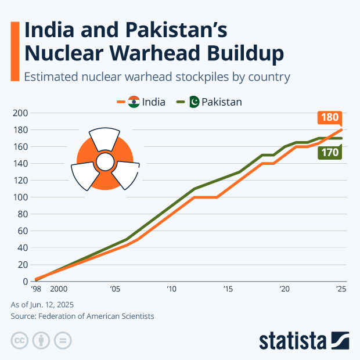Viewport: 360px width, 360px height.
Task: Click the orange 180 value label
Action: (x=329, y=117)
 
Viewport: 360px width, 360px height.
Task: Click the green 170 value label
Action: (x=329, y=153)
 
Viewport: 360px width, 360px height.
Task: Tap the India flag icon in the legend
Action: (x=134, y=102)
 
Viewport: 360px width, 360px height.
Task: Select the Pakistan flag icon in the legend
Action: (x=195, y=102)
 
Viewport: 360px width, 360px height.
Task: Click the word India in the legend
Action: (x=153, y=102)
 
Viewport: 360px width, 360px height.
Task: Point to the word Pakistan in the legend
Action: (x=222, y=102)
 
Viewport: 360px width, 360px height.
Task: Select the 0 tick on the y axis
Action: (x=25, y=282)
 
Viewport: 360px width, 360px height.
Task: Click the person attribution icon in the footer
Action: (x=41, y=340)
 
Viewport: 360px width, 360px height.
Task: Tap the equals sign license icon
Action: (x=63, y=340)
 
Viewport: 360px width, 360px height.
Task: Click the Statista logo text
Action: (x=293, y=340)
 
